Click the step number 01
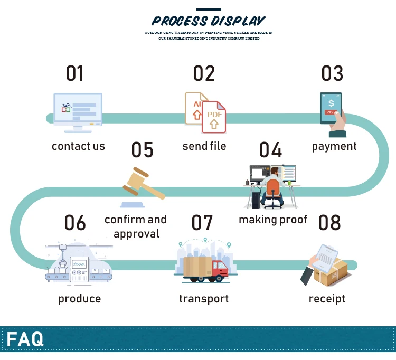point(74,74)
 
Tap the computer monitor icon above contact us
point(78,110)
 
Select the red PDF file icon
point(214,117)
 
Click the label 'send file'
point(204,146)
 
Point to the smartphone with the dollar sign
point(331,109)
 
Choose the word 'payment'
point(334,146)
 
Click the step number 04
point(270,150)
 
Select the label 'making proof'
point(272,219)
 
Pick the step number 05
point(142,150)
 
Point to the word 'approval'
point(136,233)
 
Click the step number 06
point(75,223)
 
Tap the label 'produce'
point(79,299)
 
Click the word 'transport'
point(204,299)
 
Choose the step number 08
point(329,223)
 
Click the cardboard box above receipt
point(332,272)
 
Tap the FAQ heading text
point(25,339)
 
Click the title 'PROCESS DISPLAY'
point(209,21)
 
